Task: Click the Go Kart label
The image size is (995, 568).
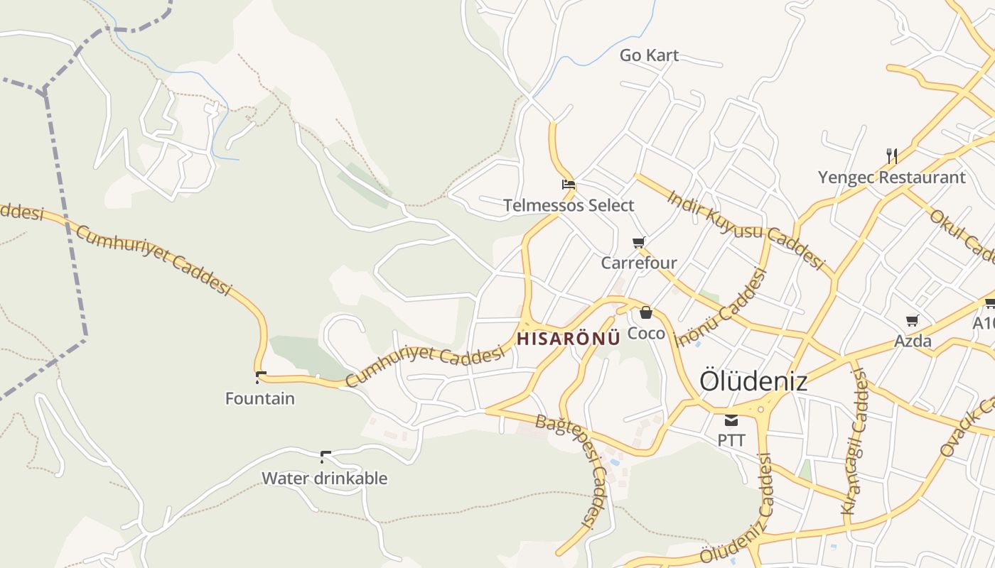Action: pyautogui.click(x=649, y=55)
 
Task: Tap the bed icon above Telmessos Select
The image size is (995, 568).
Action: pyautogui.click(x=568, y=185)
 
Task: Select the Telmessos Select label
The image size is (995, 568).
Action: pyautogui.click(x=569, y=206)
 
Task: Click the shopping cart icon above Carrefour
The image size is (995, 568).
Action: pyautogui.click(x=639, y=243)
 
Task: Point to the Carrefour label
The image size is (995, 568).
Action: pyautogui.click(x=639, y=263)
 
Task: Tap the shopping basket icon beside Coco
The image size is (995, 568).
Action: pyautogui.click(x=646, y=312)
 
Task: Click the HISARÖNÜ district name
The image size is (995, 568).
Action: pyautogui.click(x=568, y=339)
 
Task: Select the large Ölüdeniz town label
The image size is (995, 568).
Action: pyautogui.click(x=753, y=381)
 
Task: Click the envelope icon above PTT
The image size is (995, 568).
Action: pyautogui.click(x=731, y=420)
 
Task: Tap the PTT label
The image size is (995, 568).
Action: pyautogui.click(x=731, y=440)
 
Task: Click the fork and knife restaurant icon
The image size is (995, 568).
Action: pyautogui.click(x=891, y=155)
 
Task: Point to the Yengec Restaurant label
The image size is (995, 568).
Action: pyautogui.click(x=891, y=177)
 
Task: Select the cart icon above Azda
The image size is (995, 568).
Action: pyautogui.click(x=913, y=321)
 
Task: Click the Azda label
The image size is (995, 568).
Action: pyautogui.click(x=913, y=341)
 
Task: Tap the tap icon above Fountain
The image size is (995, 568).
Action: pyautogui.click(x=260, y=377)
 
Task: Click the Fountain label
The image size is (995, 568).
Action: pyautogui.click(x=260, y=398)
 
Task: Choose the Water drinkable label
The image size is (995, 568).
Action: pyautogui.click(x=325, y=478)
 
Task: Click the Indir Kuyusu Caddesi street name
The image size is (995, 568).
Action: pyautogui.click(x=746, y=229)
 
